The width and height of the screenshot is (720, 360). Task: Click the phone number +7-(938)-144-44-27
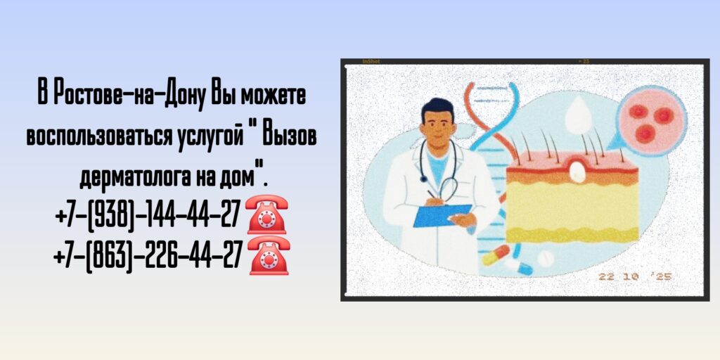[x=147, y=215]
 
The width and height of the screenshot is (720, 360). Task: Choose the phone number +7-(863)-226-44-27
[x=147, y=255]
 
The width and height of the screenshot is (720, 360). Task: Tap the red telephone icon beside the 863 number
[x=269, y=255]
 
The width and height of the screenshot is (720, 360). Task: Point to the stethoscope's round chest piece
[x=447, y=188]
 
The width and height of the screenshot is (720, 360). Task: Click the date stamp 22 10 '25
[x=635, y=276]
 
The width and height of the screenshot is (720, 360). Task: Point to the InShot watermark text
[x=371, y=62]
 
